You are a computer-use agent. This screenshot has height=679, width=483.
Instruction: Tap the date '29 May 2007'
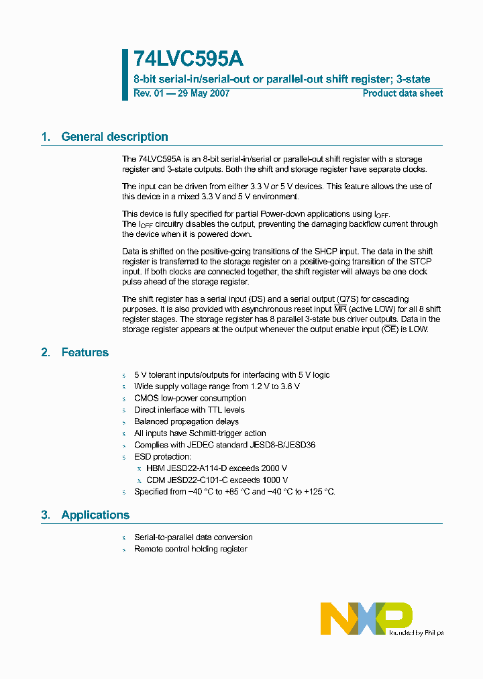click(x=203, y=93)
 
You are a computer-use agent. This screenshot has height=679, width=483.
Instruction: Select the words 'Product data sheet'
click(x=402, y=93)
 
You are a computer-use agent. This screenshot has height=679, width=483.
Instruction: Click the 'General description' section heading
click(x=114, y=137)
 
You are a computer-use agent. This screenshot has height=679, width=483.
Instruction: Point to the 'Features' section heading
click(x=85, y=352)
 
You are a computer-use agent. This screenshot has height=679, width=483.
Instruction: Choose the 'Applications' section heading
click(x=95, y=515)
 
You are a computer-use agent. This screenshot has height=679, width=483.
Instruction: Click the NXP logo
click(x=366, y=617)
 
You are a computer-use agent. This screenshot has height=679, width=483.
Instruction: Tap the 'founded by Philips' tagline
click(x=415, y=632)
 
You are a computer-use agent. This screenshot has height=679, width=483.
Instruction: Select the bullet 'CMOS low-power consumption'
click(x=190, y=399)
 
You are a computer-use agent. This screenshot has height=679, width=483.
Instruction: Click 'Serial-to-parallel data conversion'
click(x=193, y=537)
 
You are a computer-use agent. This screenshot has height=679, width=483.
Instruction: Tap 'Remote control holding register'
click(x=191, y=549)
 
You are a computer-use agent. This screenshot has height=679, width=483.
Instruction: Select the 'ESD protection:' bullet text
click(x=162, y=457)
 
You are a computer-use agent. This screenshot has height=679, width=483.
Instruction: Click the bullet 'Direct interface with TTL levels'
click(x=189, y=410)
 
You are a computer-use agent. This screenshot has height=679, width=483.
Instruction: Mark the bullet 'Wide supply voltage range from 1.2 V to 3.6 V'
click(x=217, y=386)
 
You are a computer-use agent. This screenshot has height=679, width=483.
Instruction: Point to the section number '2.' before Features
click(x=46, y=352)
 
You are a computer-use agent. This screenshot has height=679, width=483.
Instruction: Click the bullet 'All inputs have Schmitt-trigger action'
click(x=200, y=433)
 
